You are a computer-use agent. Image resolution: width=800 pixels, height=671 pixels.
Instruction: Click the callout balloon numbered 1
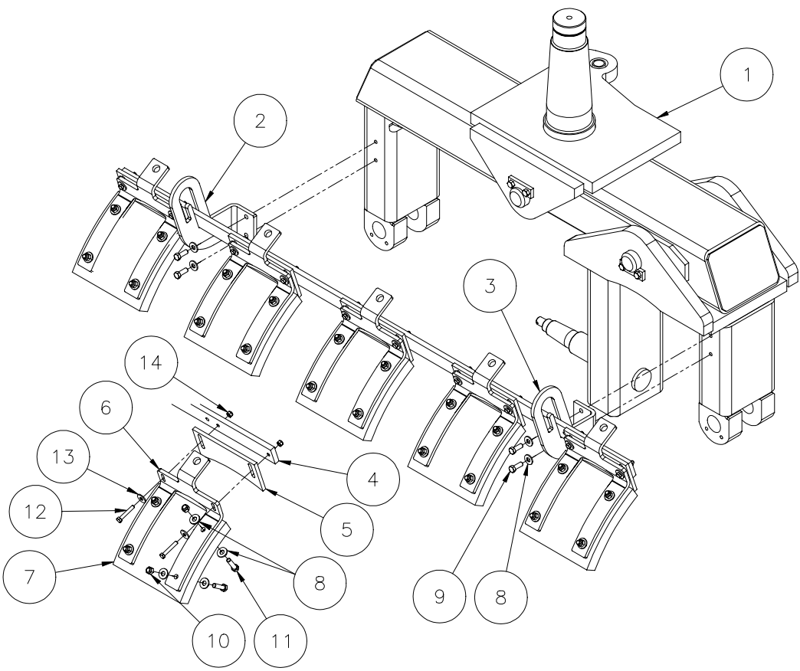pyautogui.click(x=746, y=74)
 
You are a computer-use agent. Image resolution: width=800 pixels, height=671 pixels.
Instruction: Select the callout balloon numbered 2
pyautogui.click(x=261, y=121)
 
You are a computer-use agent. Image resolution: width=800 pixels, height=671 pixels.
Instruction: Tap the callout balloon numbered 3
pyautogui.click(x=490, y=286)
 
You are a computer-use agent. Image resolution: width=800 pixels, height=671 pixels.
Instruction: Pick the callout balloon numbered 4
pyautogui.click(x=373, y=480)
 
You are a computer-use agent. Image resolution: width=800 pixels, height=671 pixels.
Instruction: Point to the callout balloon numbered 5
pyautogui.click(x=347, y=530)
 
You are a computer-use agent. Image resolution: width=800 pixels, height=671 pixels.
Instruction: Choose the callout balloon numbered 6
pyautogui.click(x=106, y=408)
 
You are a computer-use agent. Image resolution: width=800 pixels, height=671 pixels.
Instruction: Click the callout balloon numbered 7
pyautogui.click(x=29, y=577)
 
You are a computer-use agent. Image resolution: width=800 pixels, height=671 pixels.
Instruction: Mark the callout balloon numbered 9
pyautogui.click(x=439, y=596)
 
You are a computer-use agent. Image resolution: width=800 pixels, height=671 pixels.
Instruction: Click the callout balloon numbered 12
pyautogui.click(x=35, y=511)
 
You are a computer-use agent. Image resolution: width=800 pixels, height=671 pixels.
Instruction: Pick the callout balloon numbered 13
pyautogui.click(x=64, y=457)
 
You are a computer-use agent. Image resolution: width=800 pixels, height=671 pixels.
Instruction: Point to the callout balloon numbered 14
pyautogui.click(x=152, y=363)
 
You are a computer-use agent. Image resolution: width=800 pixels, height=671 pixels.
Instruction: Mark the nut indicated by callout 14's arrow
pyautogui.click(x=230, y=413)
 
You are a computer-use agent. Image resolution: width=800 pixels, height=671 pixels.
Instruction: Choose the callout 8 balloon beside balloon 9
pyautogui.click(x=500, y=596)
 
